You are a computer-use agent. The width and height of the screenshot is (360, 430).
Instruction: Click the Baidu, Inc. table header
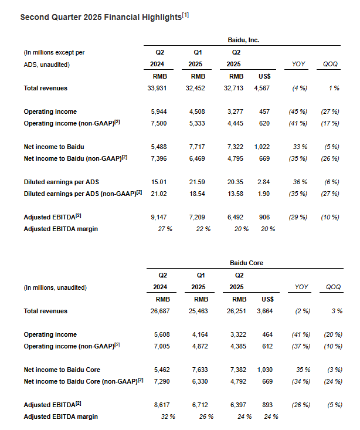pyautogui.click(x=243, y=40)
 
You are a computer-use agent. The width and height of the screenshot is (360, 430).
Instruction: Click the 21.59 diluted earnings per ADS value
pyautogui.click(x=199, y=182)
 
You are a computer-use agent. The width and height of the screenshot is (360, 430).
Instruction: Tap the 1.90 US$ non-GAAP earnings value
pyautogui.click(x=264, y=194)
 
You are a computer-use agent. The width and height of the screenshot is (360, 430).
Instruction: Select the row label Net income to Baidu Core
pyautogui.click(x=62, y=370)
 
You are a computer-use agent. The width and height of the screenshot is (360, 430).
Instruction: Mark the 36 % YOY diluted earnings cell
pyautogui.click(x=300, y=182)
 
